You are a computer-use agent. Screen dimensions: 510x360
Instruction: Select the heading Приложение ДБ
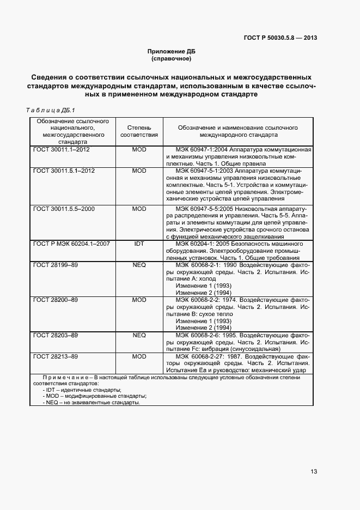(x=171, y=51)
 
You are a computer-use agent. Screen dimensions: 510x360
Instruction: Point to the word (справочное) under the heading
(x=171, y=58)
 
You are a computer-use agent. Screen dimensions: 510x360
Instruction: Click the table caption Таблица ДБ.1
(x=51, y=109)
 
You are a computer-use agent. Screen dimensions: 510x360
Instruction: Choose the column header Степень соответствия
(x=139, y=131)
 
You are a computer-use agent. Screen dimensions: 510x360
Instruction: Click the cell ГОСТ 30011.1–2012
(x=61, y=149)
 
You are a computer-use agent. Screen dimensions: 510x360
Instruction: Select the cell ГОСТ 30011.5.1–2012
(x=64, y=171)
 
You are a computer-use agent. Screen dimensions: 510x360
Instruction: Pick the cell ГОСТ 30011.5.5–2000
(x=64, y=209)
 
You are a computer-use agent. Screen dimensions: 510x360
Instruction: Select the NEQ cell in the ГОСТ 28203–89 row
(x=139, y=335)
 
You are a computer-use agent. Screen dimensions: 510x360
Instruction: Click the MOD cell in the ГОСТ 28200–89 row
(x=139, y=300)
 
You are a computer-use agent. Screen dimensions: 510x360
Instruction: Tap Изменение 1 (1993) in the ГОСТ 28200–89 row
(x=195, y=321)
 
